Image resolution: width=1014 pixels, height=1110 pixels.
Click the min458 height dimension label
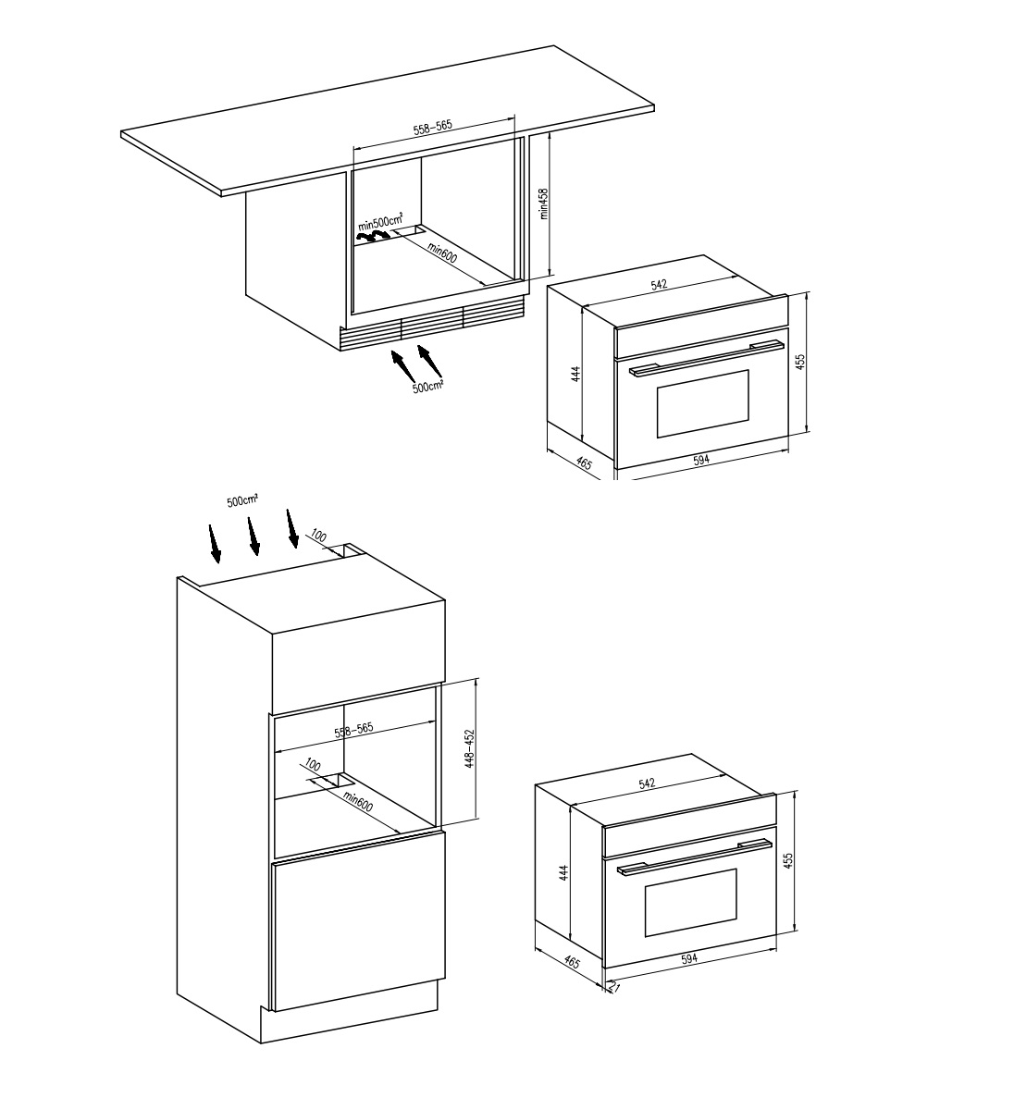tap(543, 203)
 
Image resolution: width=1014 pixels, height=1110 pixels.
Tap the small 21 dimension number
tap(613, 986)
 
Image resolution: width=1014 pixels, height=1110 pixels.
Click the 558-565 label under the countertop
tap(433, 127)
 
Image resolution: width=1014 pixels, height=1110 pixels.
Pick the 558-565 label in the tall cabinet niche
tap(353, 730)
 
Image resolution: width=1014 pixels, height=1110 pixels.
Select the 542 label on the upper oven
tap(660, 284)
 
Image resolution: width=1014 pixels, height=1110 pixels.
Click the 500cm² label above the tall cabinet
tap(242, 500)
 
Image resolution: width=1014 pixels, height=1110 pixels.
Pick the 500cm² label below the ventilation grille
tap(427, 386)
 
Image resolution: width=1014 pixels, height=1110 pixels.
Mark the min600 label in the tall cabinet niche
tap(357, 802)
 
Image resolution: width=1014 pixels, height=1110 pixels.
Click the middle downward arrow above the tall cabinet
tap(253, 536)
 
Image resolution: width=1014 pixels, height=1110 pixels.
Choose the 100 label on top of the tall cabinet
tap(319, 535)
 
